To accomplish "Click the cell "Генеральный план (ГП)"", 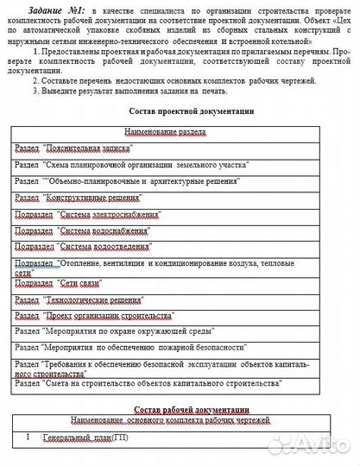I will (x=86, y=438).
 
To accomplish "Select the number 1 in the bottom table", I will (x=28, y=438).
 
